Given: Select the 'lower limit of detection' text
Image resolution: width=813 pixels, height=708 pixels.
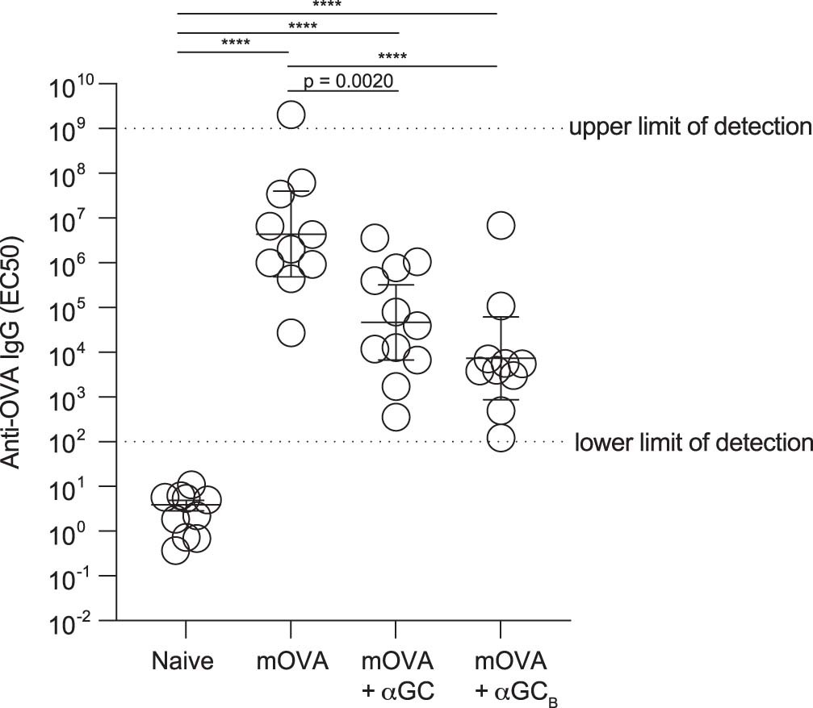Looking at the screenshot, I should [x=692, y=442].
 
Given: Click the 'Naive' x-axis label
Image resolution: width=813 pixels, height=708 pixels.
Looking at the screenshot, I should [x=182, y=663].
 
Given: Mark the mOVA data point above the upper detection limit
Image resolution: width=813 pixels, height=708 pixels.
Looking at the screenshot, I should [x=291, y=115].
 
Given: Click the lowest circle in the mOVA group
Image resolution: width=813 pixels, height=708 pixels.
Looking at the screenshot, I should [x=291, y=332].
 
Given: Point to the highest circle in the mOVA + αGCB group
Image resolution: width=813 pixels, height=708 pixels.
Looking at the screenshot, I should [x=501, y=226].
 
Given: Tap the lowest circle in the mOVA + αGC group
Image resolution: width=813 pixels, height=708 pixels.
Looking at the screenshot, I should [x=396, y=418].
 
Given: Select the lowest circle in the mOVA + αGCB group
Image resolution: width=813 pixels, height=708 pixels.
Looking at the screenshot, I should [x=501, y=438].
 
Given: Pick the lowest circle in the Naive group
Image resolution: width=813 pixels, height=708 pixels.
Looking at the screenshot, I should [x=175, y=551].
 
